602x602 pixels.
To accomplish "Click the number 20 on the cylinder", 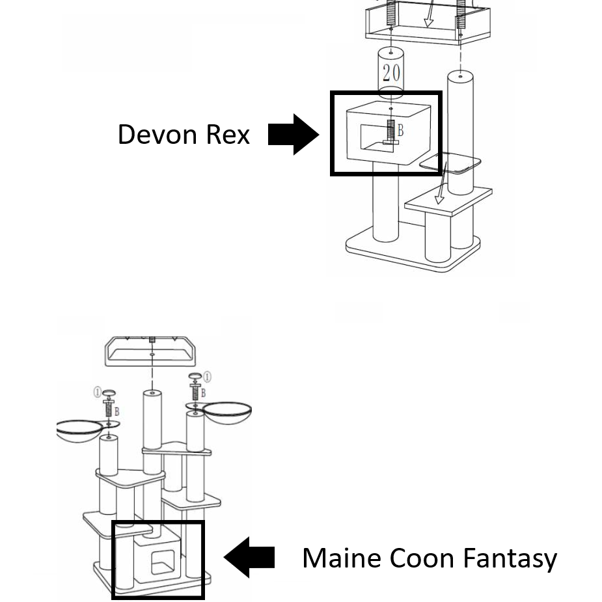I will click(391, 72).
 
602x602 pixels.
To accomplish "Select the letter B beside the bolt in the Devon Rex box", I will click(401, 131).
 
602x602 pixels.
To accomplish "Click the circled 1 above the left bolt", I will click(97, 392).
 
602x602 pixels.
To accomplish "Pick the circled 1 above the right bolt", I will click(207, 376).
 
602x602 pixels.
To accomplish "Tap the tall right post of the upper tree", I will click(460, 130).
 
